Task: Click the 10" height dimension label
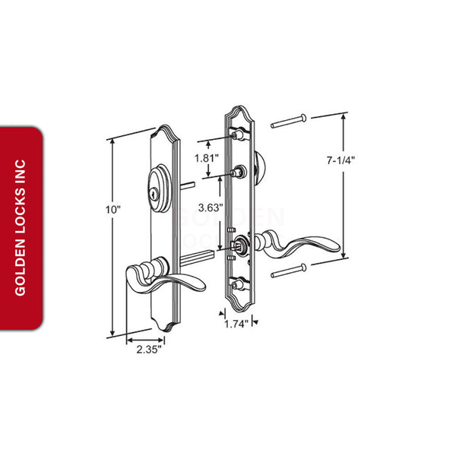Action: pos(112,210)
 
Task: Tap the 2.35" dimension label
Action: pos(149,350)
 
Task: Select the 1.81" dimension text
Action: pos(207,159)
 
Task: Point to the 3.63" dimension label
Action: pos(211,207)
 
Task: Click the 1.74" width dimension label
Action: pos(236,324)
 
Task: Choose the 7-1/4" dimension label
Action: pos(340,160)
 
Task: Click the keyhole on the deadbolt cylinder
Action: pos(155,194)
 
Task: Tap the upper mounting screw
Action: pos(289,121)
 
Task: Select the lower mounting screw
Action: pos(289,271)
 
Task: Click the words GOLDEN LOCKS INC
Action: pos(21,228)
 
